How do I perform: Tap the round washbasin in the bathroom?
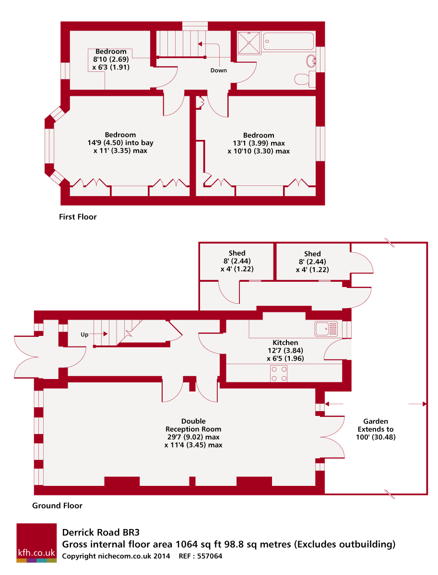(311, 60)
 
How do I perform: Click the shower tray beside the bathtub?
(249, 41)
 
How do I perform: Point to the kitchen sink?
(326, 328)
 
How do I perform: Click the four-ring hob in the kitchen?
(279, 373)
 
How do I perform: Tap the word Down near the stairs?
(218, 70)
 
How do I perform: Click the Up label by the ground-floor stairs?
(84, 335)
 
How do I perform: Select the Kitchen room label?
(285, 343)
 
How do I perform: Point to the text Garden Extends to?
(376, 425)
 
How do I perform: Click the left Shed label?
(237, 253)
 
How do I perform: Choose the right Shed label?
(312, 253)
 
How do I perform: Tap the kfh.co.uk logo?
(36, 543)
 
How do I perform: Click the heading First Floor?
(78, 217)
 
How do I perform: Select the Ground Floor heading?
(57, 506)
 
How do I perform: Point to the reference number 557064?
(208, 556)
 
